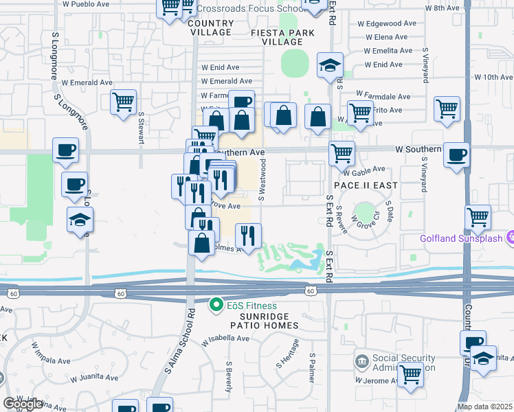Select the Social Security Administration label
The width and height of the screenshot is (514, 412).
click(x=403, y=363)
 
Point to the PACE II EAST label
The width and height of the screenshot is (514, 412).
click(x=366, y=186)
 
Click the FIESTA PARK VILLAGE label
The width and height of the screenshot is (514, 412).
click(x=282, y=37)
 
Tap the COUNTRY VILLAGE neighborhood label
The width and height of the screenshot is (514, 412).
click(x=210, y=27)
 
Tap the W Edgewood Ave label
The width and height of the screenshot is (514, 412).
click(x=386, y=23)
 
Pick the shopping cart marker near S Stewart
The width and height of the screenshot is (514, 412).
click(x=123, y=102)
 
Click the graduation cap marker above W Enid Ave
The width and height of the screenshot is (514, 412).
click(x=330, y=66)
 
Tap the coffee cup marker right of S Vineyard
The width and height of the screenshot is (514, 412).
click(x=456, y=154)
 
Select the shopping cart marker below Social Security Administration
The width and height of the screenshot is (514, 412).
click(x=410, y=375)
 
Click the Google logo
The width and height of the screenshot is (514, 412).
click(x=23, y=404)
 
